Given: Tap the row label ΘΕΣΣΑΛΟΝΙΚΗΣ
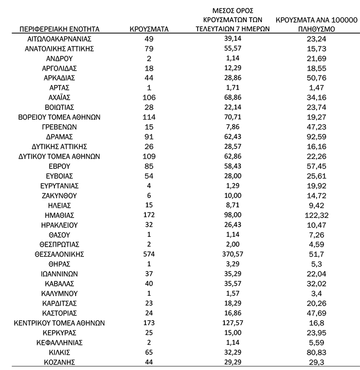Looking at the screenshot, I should click(58, 254).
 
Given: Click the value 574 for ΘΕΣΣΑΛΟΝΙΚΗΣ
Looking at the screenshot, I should click(150, 254).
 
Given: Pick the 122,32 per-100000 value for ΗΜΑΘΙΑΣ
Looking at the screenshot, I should click(316, 215).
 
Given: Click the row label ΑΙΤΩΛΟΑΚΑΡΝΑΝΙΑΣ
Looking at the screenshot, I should click(58, 39).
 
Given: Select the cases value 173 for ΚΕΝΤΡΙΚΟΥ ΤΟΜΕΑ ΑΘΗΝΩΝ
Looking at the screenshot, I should click(150, 323).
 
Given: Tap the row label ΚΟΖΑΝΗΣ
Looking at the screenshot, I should click(58, 362).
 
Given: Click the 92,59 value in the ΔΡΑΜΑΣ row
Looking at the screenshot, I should click(316, 137).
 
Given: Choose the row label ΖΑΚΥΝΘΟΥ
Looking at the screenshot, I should click(58, 195).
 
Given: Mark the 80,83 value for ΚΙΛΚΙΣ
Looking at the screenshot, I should click(316, 352).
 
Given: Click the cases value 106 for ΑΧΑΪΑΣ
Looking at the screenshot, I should click(150, 97).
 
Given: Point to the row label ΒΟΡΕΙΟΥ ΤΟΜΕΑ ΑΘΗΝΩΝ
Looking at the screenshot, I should click(58, 117).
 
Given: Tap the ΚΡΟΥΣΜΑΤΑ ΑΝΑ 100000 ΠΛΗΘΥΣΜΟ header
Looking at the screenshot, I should click(316, 24).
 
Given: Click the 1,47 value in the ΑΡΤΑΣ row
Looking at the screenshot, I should click(316, 87).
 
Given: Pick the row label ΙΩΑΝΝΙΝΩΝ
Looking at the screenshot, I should click(58, 274).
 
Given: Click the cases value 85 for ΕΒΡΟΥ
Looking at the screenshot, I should click(150, 166).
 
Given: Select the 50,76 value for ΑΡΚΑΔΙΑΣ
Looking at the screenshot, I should click(316, 78).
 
